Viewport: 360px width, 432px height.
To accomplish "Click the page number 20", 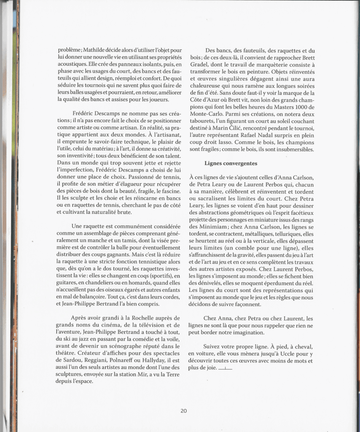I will (x=184, y=410).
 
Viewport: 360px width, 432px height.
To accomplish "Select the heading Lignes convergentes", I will (x=231, y=163).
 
